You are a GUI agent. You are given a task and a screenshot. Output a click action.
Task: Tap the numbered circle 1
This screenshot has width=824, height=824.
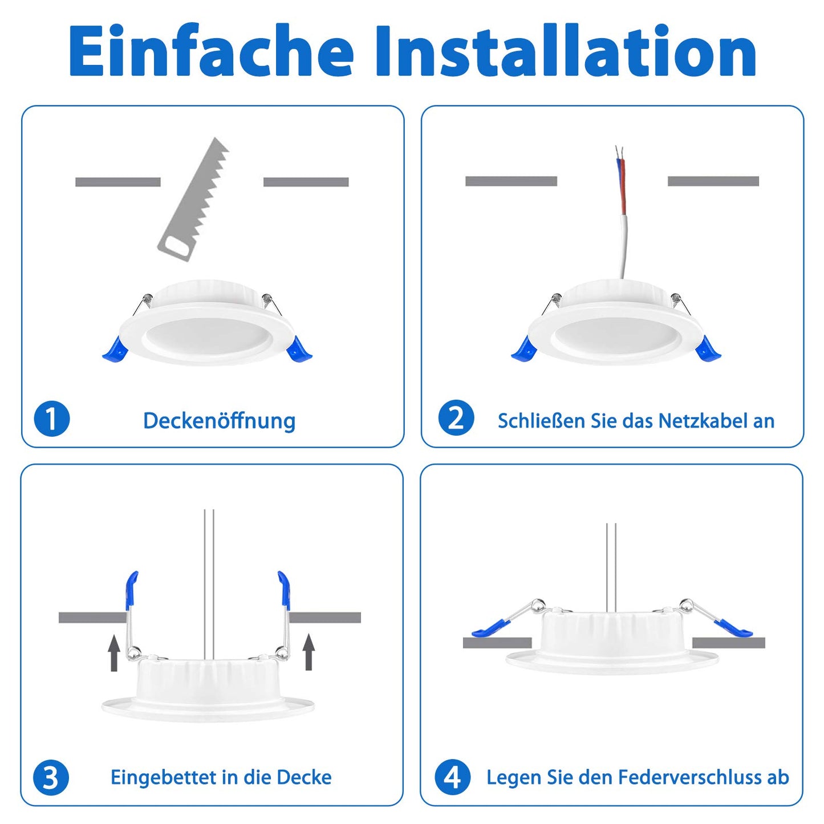(x=52, y=419)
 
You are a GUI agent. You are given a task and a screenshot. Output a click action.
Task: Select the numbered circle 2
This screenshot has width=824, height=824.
(x=456, y=418)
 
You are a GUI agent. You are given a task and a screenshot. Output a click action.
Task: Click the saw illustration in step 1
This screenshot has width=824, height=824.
(x=193, y=199)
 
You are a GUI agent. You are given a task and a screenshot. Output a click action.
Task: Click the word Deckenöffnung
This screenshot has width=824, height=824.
(x=219, y=421)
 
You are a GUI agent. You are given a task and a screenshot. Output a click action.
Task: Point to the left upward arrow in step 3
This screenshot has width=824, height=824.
(x=113, y=652)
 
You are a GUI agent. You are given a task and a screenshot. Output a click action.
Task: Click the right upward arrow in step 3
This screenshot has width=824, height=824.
(x=309, y=652)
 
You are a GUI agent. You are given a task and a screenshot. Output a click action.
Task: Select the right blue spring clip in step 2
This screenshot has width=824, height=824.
(x=708, y=347)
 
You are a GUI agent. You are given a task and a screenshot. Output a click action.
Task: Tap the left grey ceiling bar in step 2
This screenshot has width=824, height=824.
(x=511, y=181)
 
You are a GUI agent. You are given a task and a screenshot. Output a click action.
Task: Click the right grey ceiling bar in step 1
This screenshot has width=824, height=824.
(x=306, y=182)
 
